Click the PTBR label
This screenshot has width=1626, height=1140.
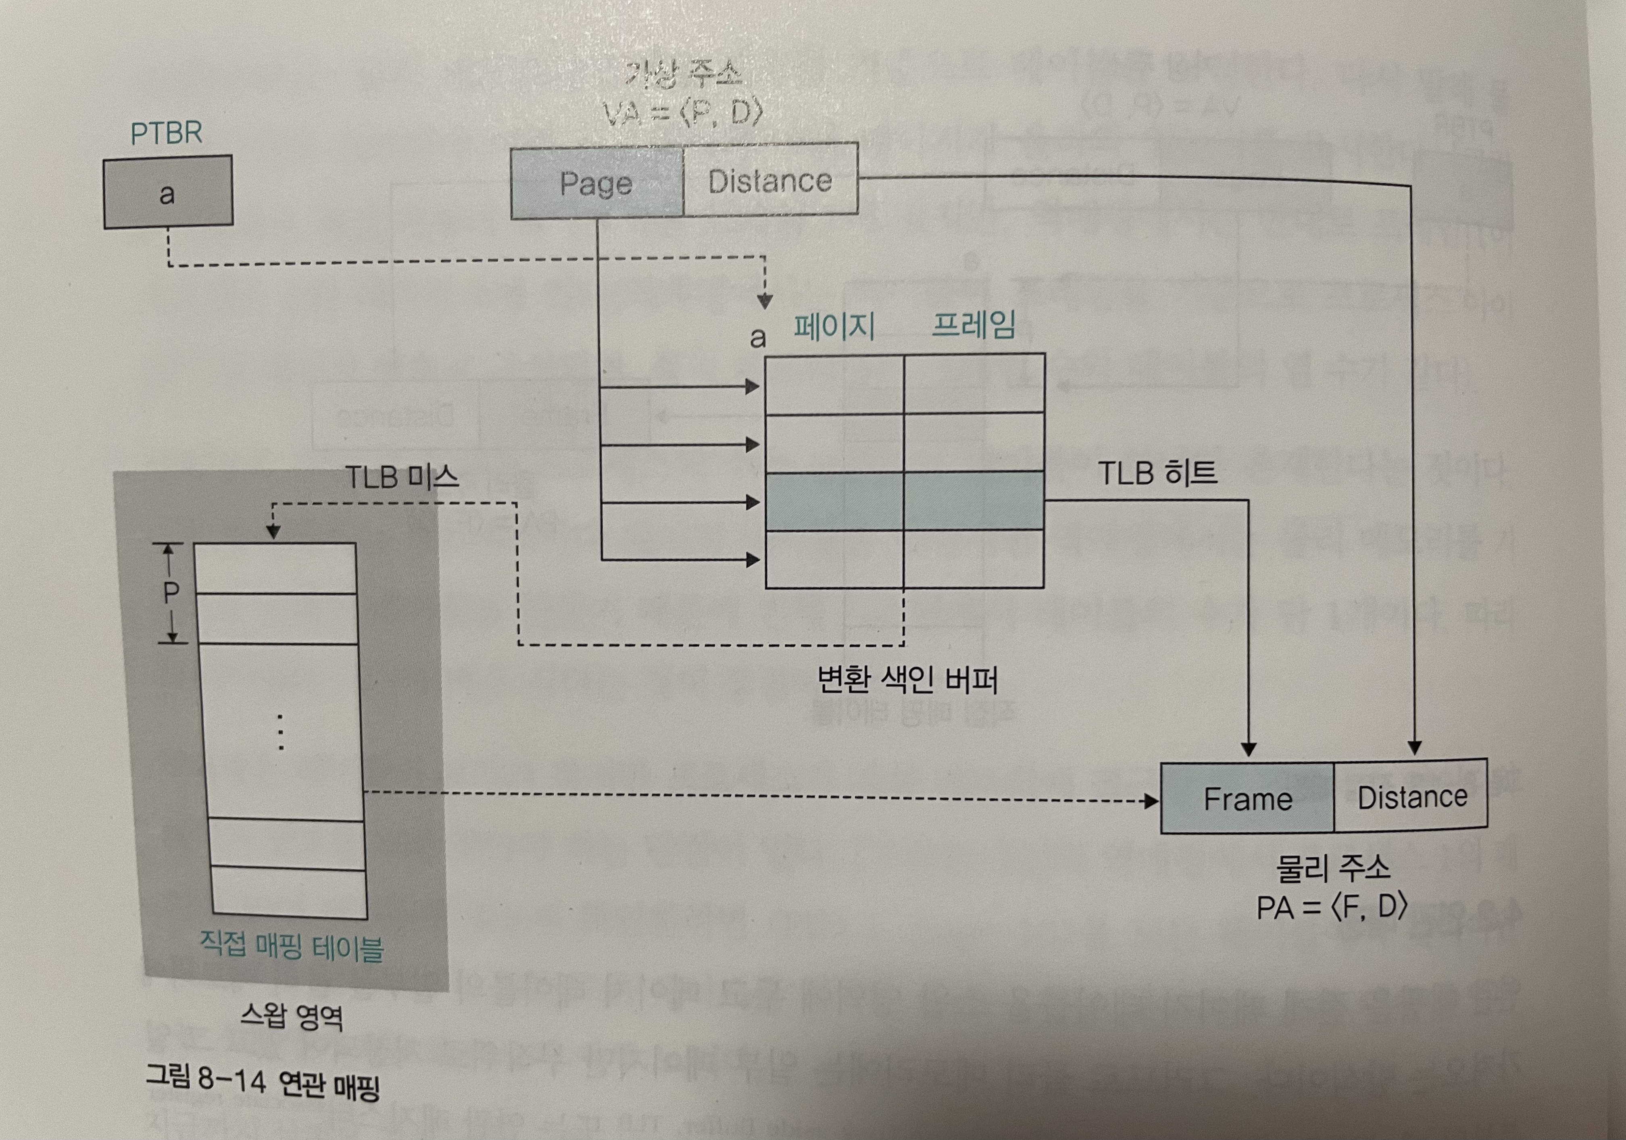[167, 132]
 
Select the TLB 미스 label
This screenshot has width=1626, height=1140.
[402, 477]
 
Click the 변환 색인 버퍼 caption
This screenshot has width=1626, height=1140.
[907, 680]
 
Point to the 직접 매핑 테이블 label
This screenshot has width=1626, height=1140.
[291, 946]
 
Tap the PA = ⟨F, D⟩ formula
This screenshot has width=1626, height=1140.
[1331, 907]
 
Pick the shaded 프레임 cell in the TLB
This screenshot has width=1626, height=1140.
[974, 500]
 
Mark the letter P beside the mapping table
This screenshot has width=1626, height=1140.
[171, 592]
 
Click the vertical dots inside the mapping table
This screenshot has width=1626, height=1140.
[281, 732]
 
